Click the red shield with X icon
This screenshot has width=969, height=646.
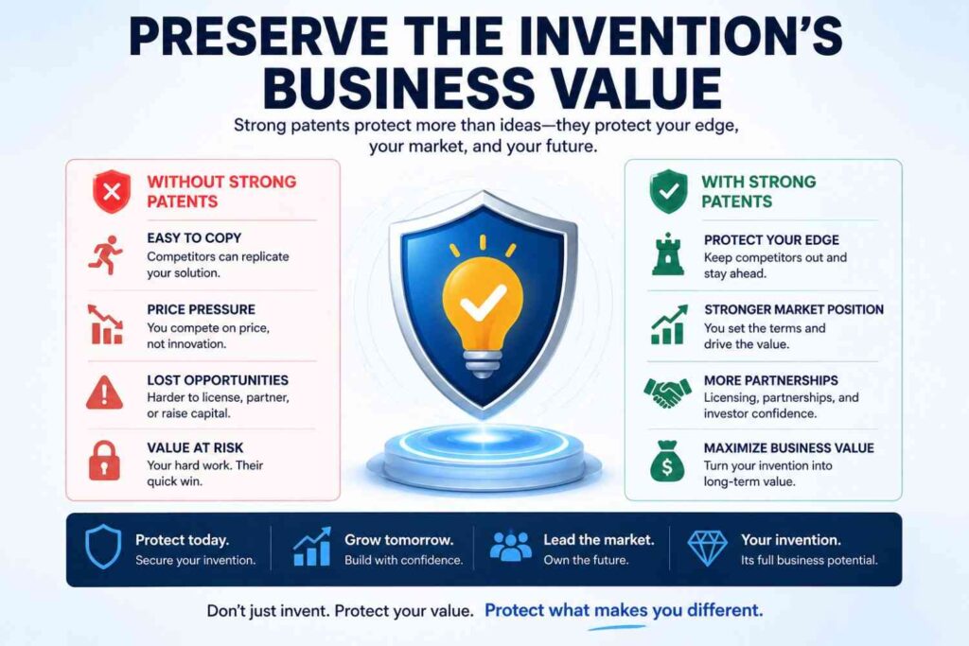click(110, 192)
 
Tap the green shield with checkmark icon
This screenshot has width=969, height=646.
click(668, 192)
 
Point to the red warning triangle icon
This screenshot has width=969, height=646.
click(104, 392)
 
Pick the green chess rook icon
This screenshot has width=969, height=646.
click(668, 253)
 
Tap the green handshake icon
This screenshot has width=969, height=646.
click(667, 392)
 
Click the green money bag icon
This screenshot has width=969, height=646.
click(667, 463)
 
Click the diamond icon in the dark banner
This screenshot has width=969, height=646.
click(707, 549)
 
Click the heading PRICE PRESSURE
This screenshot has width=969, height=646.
click(201, 309)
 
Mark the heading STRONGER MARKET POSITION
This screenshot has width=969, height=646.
click(794, 309)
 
